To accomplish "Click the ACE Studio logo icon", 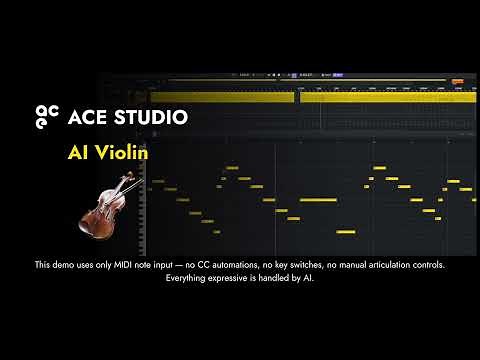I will (47, 117).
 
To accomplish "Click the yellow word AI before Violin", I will (79, 153).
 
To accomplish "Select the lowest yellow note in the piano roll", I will (346, 232).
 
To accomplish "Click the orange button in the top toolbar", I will (457, 80).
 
